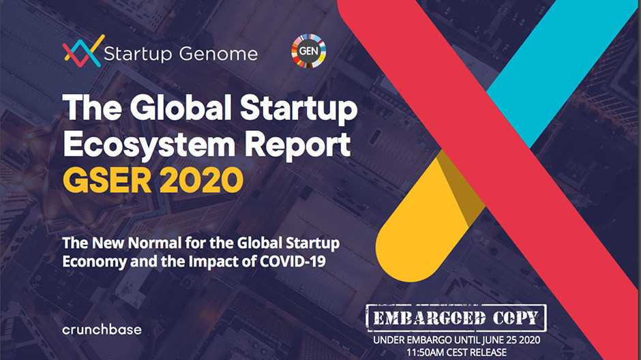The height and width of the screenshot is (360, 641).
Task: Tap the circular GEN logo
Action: point(309,51)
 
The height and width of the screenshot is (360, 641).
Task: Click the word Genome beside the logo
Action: point(218,54)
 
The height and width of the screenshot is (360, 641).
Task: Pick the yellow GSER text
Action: point(107,180)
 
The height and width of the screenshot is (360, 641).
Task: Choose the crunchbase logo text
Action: point(102,329)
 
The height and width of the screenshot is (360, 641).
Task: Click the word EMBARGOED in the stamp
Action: point(429,318)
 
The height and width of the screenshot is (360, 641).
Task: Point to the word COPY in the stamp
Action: point(516,318)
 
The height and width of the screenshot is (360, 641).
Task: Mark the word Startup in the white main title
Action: point(299,108)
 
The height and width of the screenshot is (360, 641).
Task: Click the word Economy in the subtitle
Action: point(94,262)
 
